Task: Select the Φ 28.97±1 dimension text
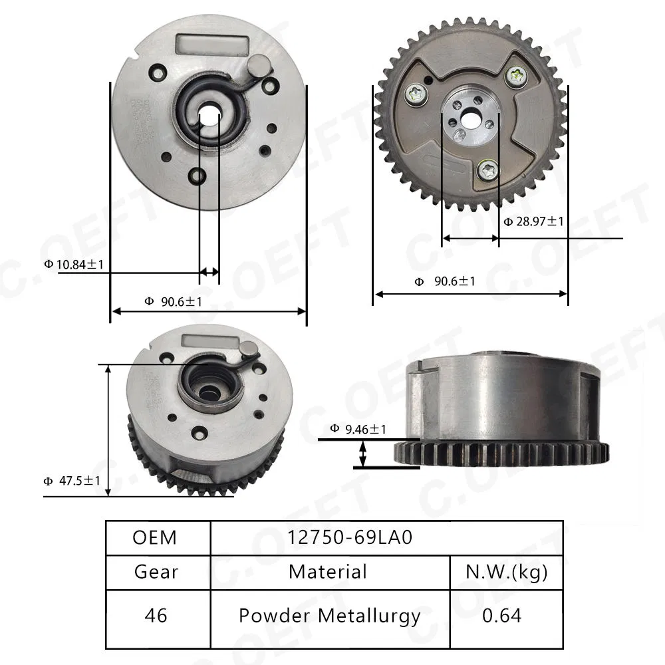click(533, 221)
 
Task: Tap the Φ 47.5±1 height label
click(71, 481)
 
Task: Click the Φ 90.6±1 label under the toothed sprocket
click(445, 281)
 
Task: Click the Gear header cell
click(156, 571)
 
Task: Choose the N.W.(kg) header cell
click(507, 571)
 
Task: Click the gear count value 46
click(156, 616)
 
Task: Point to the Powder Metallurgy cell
click(329, 616)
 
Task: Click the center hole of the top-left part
click(209, 114)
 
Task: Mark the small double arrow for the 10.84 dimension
click(209, 271)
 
